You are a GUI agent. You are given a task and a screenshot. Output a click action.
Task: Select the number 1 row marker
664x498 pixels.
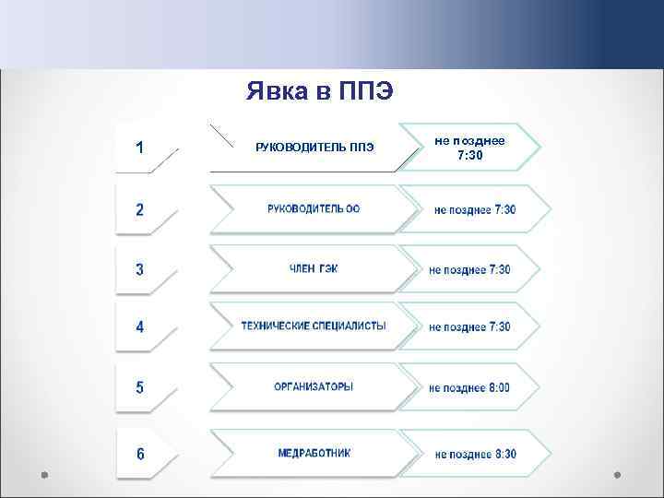click(x=138, y=147)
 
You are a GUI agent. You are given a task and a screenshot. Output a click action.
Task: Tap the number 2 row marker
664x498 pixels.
click(x=139, y=209)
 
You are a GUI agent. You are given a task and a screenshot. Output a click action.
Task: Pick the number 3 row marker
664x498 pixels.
click(x=139, y=270)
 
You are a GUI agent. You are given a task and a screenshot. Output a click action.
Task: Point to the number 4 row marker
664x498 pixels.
click(x=139, y=327)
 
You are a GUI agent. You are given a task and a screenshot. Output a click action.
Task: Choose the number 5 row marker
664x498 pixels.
click(x=139, y=387)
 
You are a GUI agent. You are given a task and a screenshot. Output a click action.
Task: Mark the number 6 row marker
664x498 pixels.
click(x=139, y=454)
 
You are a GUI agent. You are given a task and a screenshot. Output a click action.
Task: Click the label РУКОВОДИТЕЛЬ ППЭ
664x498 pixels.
click(x=314, y=148)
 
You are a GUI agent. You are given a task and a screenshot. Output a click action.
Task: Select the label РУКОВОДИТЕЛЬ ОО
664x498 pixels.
click(x=314, y=209)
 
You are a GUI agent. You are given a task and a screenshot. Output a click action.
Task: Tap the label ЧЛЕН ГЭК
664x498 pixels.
click(x=314, y=269)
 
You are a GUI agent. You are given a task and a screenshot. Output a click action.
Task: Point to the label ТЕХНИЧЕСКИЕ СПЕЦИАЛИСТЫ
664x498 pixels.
click(x=314, y=326)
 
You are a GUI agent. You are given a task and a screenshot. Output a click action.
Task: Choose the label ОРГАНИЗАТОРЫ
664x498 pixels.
click(x=314, y=387)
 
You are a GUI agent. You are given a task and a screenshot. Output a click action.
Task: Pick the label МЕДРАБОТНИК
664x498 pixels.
click(x=314, y=454)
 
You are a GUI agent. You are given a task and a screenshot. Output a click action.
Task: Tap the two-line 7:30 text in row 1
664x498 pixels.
click(x=469, y=155)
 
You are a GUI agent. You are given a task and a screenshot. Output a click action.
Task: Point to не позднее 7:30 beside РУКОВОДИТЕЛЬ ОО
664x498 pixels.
click(x=475, y=210)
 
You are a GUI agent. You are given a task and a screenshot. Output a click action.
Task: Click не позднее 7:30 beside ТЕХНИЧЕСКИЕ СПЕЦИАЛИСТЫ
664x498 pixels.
click(x=469, y=327)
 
